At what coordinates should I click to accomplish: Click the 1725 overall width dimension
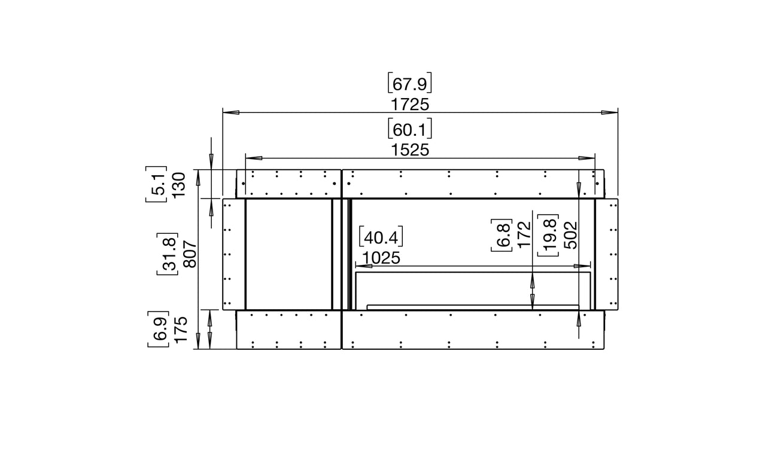click(x=410, y=105)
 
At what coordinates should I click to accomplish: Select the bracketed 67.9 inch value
click(x=410, y=83)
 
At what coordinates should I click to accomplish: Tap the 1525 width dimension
click(x=410, y=150)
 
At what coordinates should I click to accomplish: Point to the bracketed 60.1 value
click(x=410, y=129)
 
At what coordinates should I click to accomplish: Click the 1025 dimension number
click(x=381, y=258)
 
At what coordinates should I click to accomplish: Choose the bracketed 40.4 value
click(x=381, y=237)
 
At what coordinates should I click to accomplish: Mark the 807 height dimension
click(x=190, y=254)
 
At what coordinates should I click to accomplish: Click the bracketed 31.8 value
click(x=168, y=254)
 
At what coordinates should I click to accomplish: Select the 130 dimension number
click(x=178, y=185)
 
